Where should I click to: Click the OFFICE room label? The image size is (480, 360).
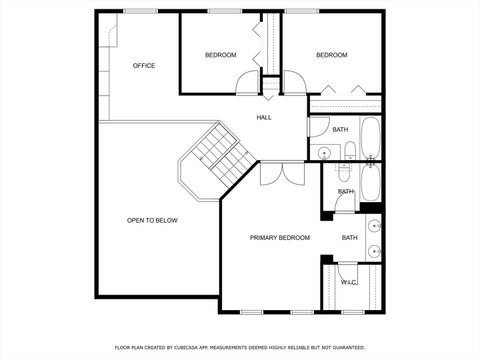144,66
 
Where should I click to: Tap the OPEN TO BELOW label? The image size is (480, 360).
152,220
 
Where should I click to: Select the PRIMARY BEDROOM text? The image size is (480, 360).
279,238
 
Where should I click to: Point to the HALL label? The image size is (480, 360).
264,118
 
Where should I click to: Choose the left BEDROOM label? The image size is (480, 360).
220,55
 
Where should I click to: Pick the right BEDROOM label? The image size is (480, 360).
331,55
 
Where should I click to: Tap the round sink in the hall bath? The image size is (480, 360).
324,152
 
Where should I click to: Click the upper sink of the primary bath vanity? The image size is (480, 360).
373,225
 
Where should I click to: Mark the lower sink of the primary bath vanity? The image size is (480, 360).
373,251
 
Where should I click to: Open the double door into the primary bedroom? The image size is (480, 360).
281,172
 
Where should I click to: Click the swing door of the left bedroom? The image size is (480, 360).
247,84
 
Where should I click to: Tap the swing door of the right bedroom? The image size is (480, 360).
294,84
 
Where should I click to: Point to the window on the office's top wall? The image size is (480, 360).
139,12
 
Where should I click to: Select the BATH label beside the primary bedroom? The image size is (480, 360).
350,238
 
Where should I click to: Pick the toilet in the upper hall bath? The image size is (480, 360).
350,151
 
